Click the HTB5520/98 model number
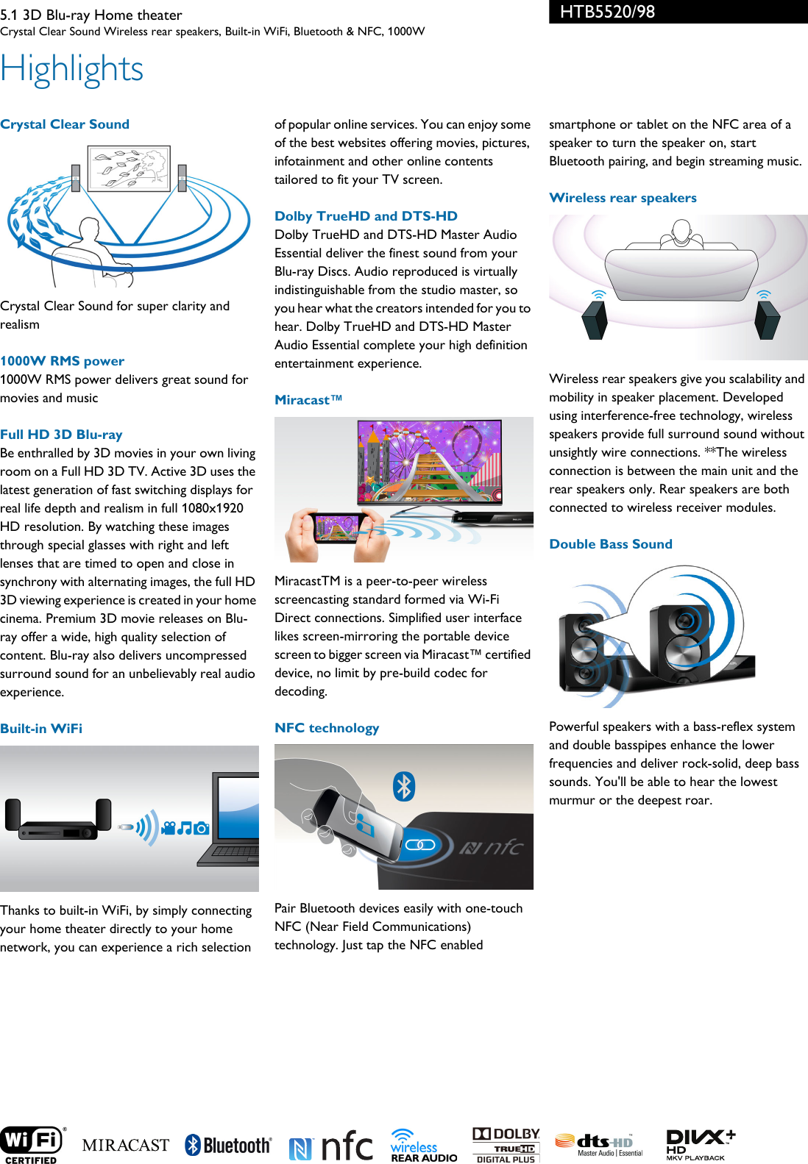coord(607,12)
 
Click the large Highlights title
coord(72,70)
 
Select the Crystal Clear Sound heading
coord(65,124)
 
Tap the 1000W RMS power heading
coord(63,361)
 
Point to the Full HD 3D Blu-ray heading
coord(62,435)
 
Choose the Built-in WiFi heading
coord(41,729)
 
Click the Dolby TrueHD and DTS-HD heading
coord(366,216)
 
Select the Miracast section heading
coord(308,400)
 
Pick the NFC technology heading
coord(327,728)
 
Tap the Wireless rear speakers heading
coord(623,198)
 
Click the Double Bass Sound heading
coord(611,544)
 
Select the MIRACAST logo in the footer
coord(126,1145)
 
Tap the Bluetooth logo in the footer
coord(228,1145)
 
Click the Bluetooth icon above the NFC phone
coord(404,786)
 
